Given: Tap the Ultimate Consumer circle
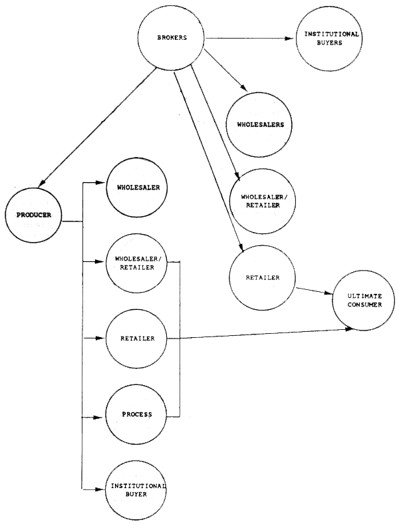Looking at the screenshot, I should (x=364, y=301).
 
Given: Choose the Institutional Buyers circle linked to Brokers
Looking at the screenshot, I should (x=331, y=39).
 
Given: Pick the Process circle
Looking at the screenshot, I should (x=137, y=415).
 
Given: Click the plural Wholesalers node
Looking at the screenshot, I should (x=260, y=125).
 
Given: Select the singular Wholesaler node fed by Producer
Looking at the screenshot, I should (x=136, y=187).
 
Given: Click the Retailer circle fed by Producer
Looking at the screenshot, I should (x=137, y=339).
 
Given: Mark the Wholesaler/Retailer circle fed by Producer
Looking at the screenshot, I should (x=137, y=263).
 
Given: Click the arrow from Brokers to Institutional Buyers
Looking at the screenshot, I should (x=249, y=38).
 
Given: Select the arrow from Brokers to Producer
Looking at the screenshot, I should (x=93, y=126).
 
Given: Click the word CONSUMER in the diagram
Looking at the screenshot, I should (x=364, y=305).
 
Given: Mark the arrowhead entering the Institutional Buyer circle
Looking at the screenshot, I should (x=101, y=490).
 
